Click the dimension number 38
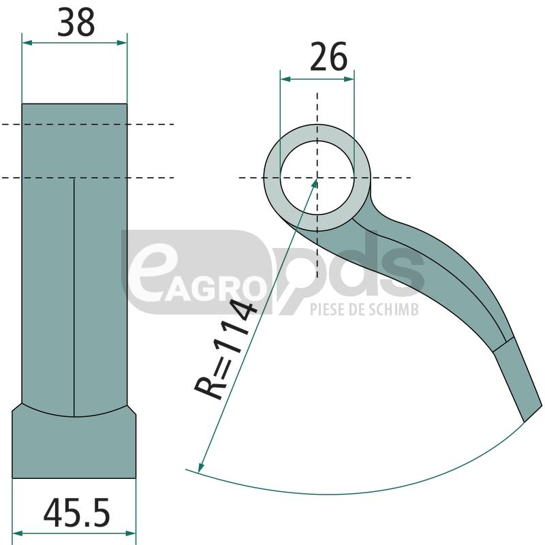click(x=76, y=22)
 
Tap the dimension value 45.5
click(x=76, y=512)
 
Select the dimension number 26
click(x=328, y=57)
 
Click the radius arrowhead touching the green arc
click(x=201, y=467)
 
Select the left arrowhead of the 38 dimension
click(x=27, y=43)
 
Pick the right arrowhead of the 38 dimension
click(x=122, y=43)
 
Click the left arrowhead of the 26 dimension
click(x=285, y=79)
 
